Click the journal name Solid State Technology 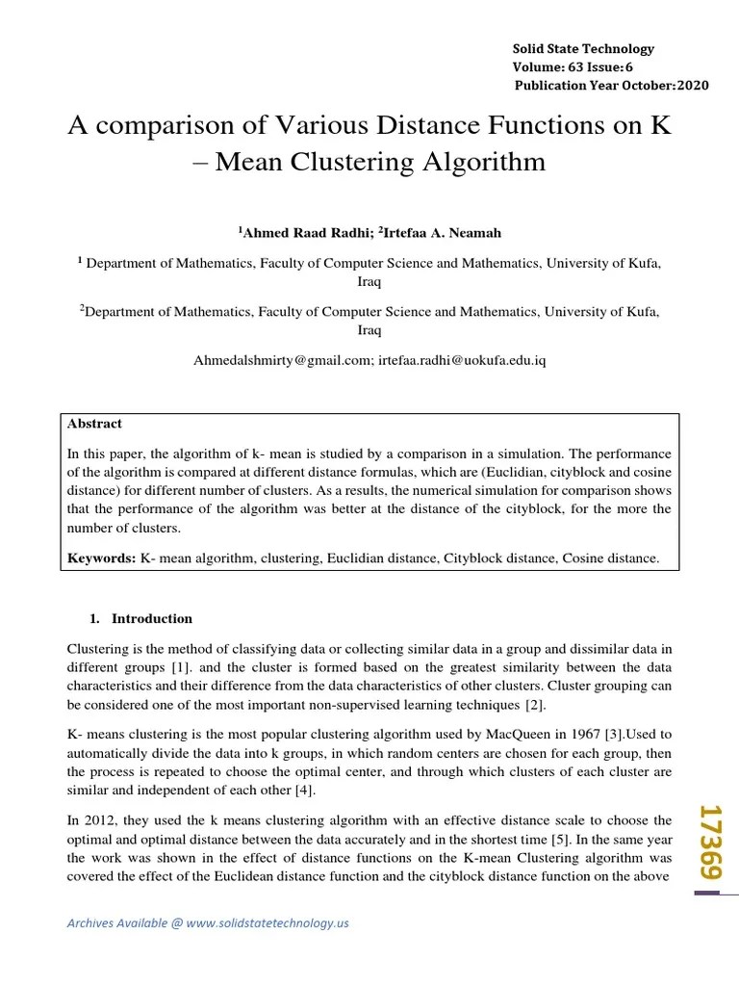coord(582,48)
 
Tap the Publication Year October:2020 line coord(612,85)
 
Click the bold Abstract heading coord(94,424)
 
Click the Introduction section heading coord(152,619)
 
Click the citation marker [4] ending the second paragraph coord(305,791)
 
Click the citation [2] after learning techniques coord(535,706)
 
